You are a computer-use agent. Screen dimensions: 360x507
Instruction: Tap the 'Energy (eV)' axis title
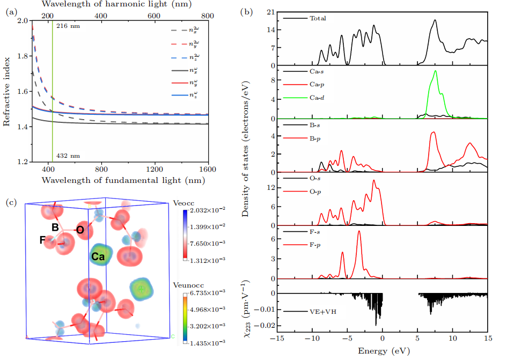382,350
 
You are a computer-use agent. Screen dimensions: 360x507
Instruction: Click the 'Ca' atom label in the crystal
98,257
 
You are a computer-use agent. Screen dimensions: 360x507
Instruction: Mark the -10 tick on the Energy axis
312,339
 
